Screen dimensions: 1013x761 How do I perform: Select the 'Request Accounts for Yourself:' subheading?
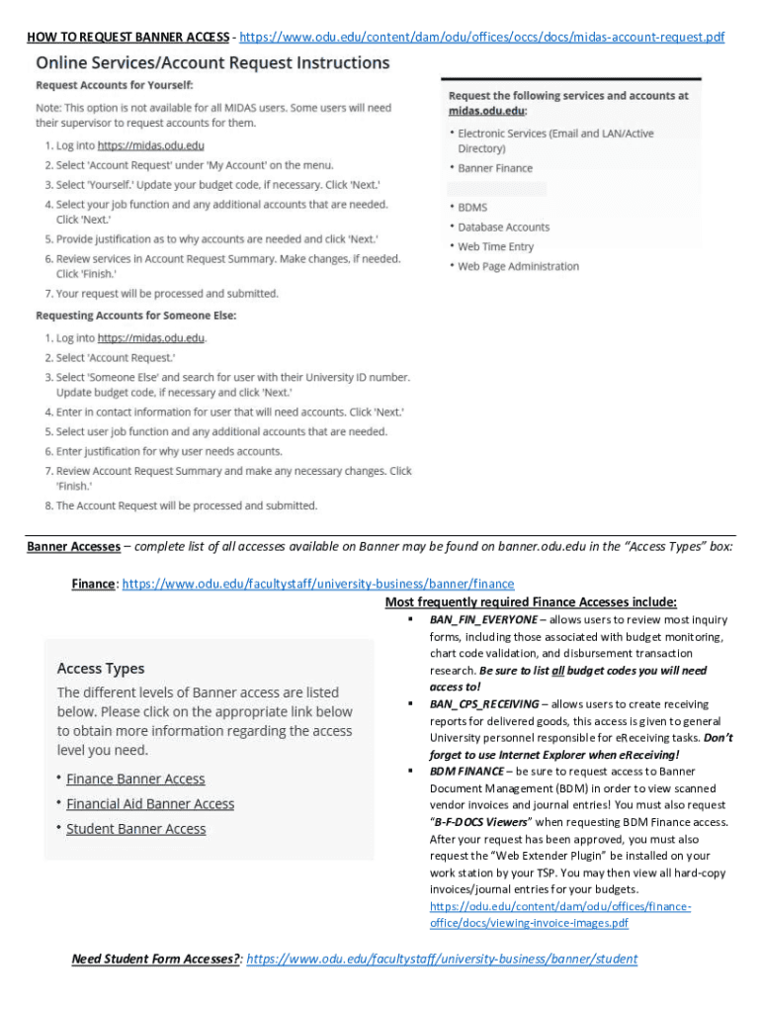click(115, 86)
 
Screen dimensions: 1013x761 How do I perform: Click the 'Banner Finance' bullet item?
click(494, 168)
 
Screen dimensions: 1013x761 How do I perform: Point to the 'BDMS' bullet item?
click(471, 208)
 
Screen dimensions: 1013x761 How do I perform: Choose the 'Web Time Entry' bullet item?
click(495, 246)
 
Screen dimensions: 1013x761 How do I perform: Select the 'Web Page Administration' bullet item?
click(518, 266)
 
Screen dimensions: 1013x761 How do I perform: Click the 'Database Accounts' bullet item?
click(503, 228)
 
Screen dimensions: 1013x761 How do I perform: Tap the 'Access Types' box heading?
click(101, 669)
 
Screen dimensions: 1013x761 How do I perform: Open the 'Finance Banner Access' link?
click(135, 780)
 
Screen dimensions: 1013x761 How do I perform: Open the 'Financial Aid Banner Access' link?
click(150, 804)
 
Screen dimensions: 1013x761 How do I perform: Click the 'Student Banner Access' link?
click(136, 829)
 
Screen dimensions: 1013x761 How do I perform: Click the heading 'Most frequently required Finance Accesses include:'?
click(531, 601)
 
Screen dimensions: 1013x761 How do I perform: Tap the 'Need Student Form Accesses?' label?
click(156, 959)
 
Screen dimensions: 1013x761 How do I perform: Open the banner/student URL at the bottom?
click(442, 959)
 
